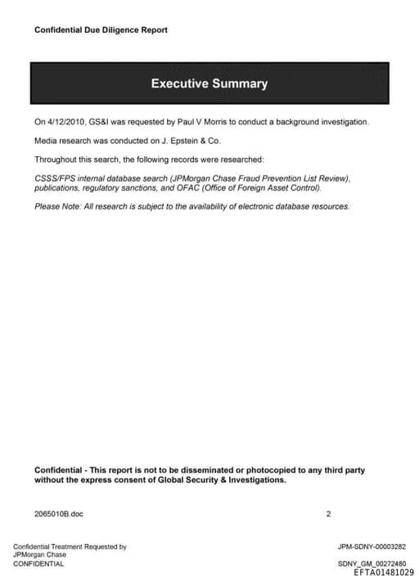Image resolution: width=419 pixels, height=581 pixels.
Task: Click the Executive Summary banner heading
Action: click(209, 83)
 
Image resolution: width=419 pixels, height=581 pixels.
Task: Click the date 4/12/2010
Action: click(66, 122)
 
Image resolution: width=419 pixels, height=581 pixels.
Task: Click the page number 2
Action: click(328, 514)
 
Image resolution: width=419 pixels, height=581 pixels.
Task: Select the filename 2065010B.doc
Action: click(59, 514)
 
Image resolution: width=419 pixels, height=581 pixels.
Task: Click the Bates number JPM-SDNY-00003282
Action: click(372, 547)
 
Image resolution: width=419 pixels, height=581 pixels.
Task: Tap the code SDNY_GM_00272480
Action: click(372, 564)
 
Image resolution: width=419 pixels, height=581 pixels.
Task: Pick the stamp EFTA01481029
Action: click(384, 573)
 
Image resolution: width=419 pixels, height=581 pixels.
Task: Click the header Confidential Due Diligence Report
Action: click(101, 30)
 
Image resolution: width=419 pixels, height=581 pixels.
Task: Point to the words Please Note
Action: click(56, 206)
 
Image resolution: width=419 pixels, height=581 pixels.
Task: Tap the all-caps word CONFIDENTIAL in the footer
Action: click(38, 564)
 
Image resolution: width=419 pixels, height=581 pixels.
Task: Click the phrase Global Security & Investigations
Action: click(221, 480)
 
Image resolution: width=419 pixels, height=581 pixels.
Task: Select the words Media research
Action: click(61, 141)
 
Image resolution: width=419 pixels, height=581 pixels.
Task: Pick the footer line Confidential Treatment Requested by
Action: click(70, 547)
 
